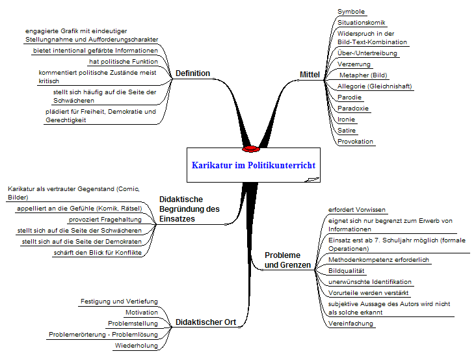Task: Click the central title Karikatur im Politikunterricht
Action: click(254, 165)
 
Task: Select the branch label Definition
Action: click(192, 73)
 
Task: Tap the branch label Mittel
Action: click(310, 75)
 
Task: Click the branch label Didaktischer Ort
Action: click(205, 323)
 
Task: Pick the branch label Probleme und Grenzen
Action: click(282, 260)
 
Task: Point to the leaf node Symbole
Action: click(351, 12)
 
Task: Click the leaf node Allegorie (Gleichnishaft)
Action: click(375, 86)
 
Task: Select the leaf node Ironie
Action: click(347, 120)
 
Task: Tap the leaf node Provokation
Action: click(356, 141)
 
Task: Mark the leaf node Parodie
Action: click(350, 97)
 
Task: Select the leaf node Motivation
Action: click(141, 313)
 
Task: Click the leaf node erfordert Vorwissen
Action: click(357, 210)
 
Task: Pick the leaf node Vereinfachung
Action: click(351, 323)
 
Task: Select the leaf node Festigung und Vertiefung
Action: click(119, 302)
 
